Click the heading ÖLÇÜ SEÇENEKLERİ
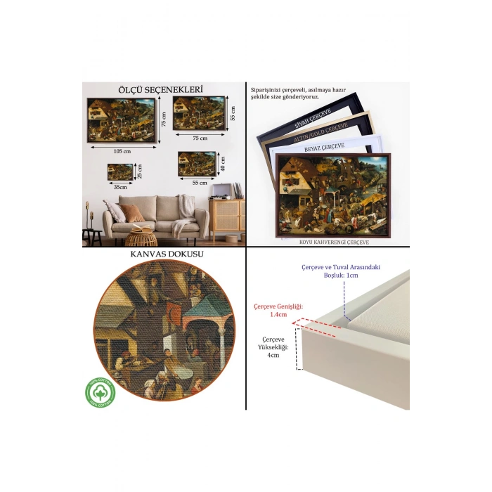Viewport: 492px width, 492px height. pos(161,89)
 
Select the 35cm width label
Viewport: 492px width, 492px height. pos(121,187)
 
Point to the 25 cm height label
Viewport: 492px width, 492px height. pos(139,171)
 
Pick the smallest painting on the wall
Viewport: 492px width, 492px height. pos(120,171)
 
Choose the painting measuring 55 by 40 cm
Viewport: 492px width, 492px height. pos(196,163)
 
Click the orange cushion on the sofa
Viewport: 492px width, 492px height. pos(133,212)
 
